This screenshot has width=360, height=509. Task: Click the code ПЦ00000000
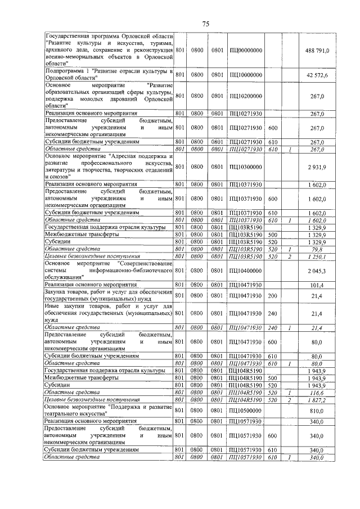click(x=246, y=51)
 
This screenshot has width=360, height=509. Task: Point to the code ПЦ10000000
click(x=246, y=75)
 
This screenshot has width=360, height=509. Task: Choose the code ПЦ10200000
click(x=246, y=96)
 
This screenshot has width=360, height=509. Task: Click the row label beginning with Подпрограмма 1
click(x=108, y=75)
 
